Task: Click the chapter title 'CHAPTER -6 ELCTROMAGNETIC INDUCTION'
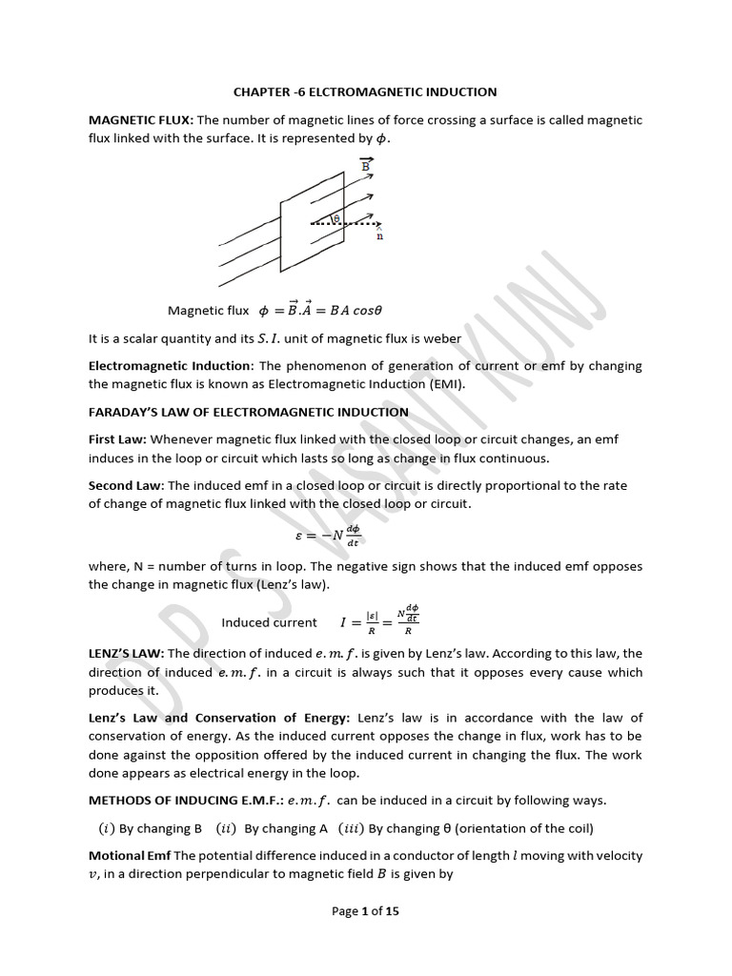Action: pyautogui.click(x=365, y=92)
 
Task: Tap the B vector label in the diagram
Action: pyautogui.click(x=364, y=165)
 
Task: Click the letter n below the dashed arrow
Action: pyautogui.click(x=380, y=236)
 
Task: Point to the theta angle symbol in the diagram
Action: pyautogui.click(x=335, y=218)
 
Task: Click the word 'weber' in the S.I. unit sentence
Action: pyautogui.click(x=440, y=338)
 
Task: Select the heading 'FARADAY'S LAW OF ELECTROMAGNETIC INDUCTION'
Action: pyautogui.click(x=249, y=412)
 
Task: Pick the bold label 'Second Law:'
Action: pyautogui.click(x=126, y=485)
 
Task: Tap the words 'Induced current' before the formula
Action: pyautogui.click(x=270, y=622)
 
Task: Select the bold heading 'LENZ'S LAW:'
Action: pyautogui.click(x=127, y=653)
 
